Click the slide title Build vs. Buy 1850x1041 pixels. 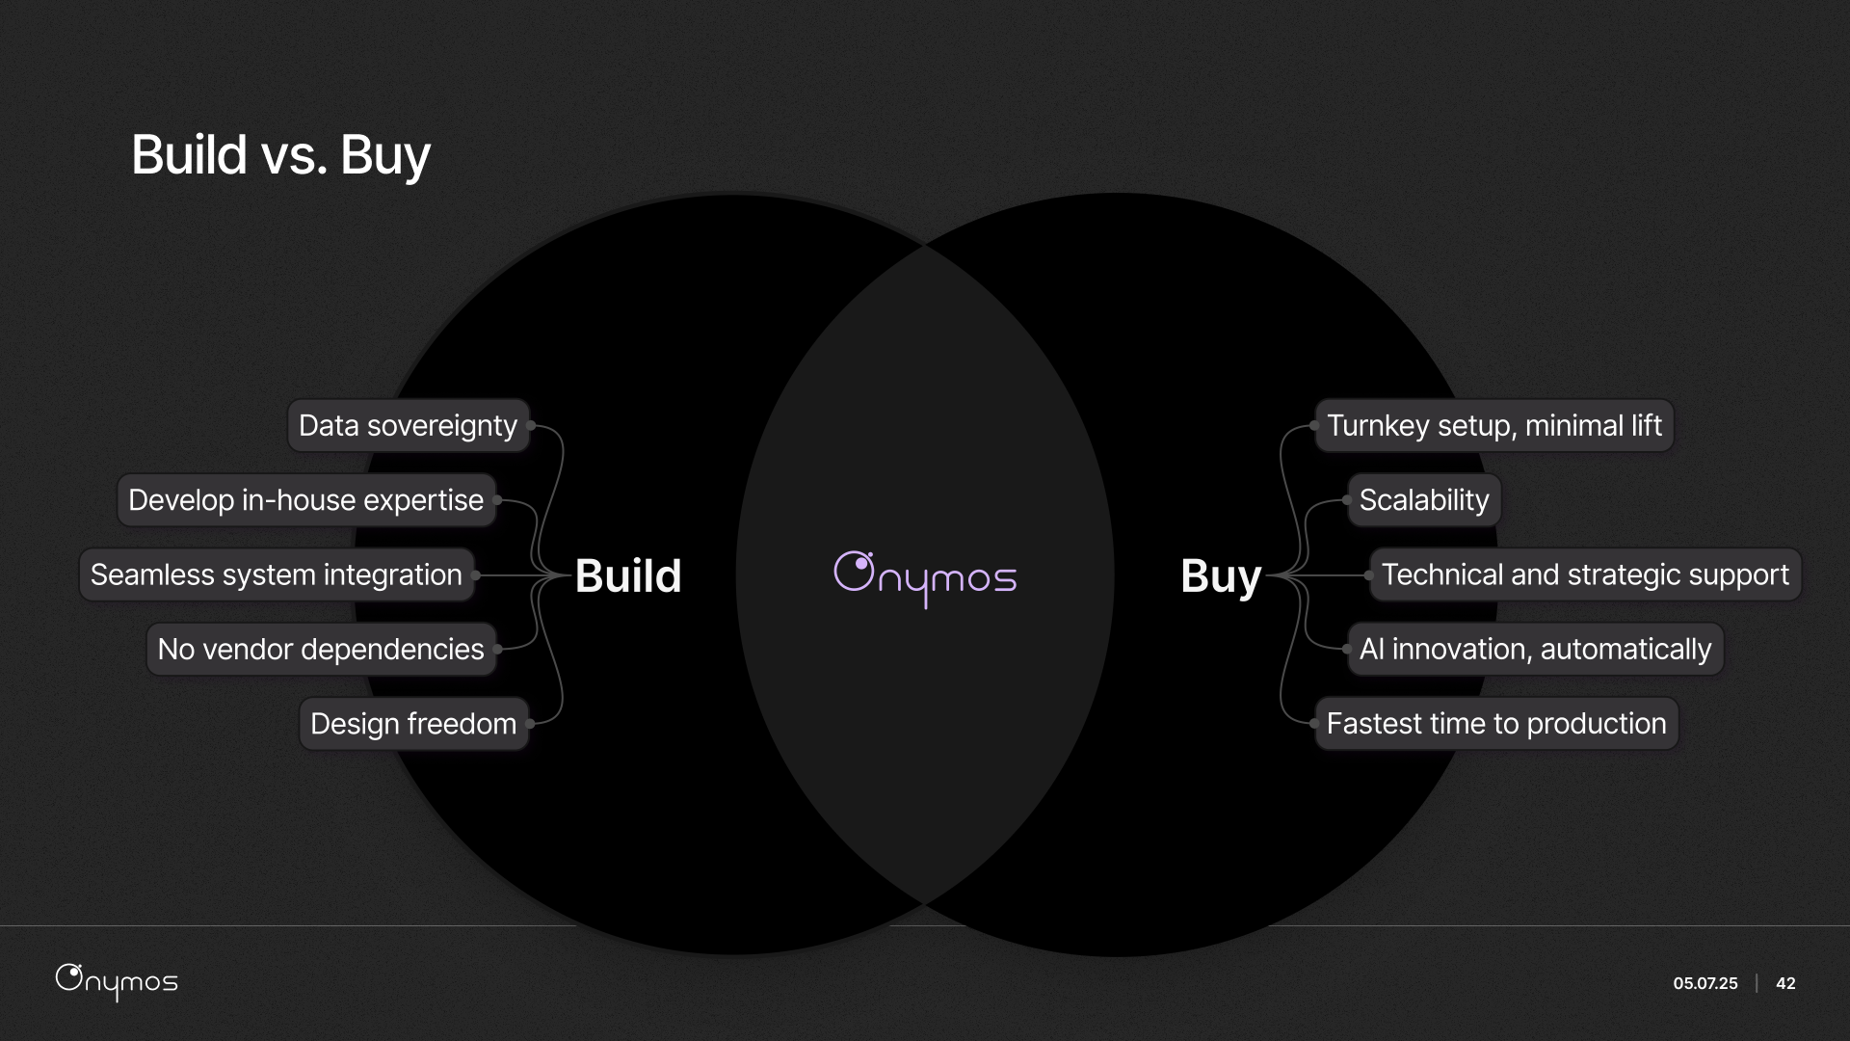click(x=280, y=155)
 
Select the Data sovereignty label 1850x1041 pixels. click(x=408, y=426)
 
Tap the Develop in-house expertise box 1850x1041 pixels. click(x=305, y=500)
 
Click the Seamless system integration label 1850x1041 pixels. click(x=277, y=575)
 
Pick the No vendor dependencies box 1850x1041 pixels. click(x=321, y=650)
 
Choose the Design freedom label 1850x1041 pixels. click(x=413, y=724)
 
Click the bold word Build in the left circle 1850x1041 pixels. click(x=628, y=576)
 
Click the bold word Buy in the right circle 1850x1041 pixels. click(x=1220, y=576)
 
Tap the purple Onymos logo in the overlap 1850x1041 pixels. click(x=925, y=578)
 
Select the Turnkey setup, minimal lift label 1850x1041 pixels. click(x=1493, y=426)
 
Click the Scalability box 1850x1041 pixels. click(x=1423, y=500)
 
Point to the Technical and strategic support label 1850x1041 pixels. click(x=1585, y=575)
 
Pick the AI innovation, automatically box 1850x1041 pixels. click(x=1535, y=650)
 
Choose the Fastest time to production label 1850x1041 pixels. click(x=1496, y=724)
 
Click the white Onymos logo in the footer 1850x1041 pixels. click(x=117, y=981)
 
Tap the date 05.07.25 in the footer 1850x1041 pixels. click(x=1705, y=983)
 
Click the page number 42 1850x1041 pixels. click(x=1785, y=983)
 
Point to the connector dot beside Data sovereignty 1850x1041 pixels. click(x=531, y=426)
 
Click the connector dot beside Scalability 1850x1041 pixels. click(x=1346, y=500)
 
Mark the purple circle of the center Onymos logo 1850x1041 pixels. click(x=854, y=571)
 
